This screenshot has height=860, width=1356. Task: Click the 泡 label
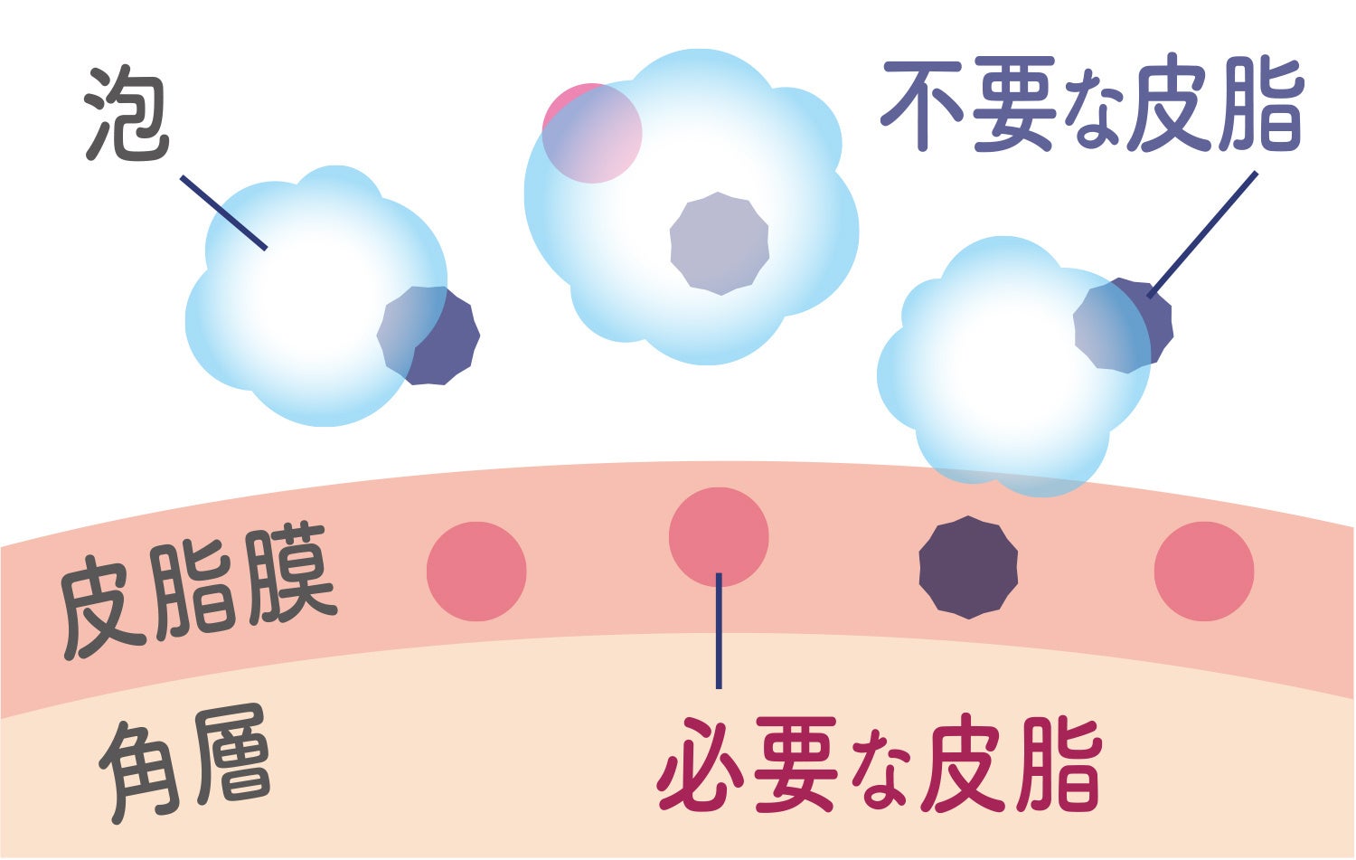pos(127,115)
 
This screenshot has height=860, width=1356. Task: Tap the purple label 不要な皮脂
pos(1091,106)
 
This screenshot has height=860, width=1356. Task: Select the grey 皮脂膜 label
pos(197,590)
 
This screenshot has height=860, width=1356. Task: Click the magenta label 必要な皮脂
pos(879,765)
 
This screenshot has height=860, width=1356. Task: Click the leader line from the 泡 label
pos(223,213)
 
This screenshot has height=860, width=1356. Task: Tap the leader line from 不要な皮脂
pos(1202,234)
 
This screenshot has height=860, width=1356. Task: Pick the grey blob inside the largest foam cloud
pos(720,243)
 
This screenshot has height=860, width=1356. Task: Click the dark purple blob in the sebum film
pos(968,568)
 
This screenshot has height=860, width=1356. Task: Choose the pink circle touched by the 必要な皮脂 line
pos(719,536)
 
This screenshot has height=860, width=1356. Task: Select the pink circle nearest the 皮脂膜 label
pos(476,571)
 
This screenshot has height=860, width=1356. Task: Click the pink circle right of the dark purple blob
pos(1203,571)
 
